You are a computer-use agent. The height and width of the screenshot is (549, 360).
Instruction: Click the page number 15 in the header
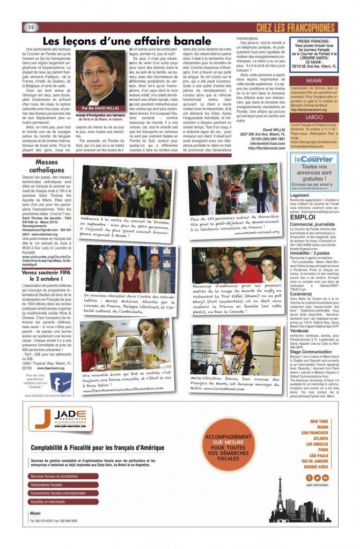click(31, 27)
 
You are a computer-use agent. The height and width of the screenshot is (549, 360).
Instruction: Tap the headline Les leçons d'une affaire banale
click(127, 41)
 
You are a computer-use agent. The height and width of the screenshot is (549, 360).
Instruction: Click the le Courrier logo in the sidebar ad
click(314, 159)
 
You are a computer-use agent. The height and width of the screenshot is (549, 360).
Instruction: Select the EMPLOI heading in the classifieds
click(302, 217)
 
